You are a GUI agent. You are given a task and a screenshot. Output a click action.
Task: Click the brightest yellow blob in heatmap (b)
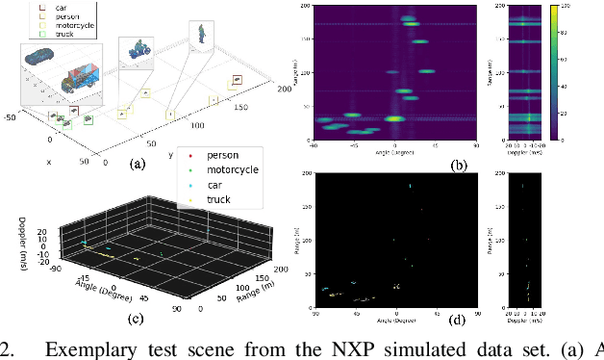click(393, 118)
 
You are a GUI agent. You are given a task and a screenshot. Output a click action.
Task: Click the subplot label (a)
click(137, 163)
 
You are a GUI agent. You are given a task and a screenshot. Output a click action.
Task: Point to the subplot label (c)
click(136, 319)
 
